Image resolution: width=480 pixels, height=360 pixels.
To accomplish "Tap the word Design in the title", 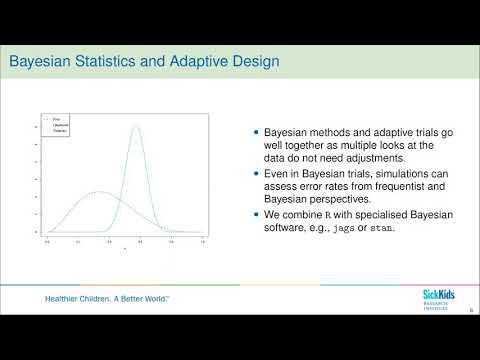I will (250, 64).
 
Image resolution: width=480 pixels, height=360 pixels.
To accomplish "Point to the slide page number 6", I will (471, 310).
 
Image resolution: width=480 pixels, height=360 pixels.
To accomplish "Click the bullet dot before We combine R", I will (256, 214).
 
